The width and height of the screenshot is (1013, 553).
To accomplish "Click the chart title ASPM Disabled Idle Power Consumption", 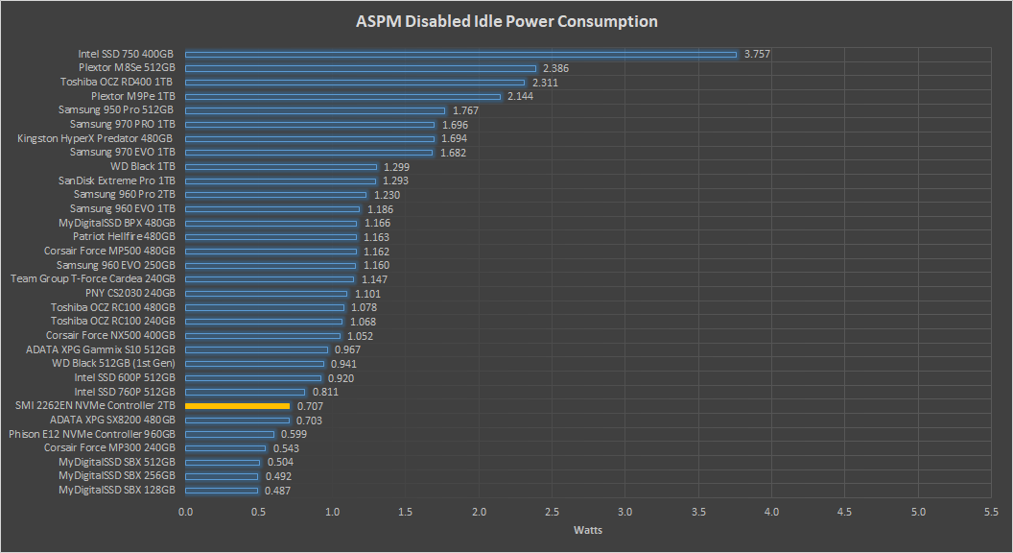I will pos(506,21).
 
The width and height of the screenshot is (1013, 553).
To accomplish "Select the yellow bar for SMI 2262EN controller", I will pos(237,406).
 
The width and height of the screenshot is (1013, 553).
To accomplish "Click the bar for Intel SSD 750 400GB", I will pos(460,55).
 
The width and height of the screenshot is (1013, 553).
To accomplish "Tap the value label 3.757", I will pos(758,55).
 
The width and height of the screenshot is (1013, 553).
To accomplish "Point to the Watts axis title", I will pos(588,530).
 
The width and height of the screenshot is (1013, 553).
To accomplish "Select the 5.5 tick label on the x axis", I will pos(992,512).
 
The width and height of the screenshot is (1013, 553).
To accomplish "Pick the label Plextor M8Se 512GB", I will pos(127,68).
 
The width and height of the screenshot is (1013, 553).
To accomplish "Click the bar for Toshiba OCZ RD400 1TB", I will pos(355,83).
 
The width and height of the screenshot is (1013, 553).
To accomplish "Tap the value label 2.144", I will pos(521,97).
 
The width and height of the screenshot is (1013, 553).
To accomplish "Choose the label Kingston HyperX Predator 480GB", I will pos(96,138).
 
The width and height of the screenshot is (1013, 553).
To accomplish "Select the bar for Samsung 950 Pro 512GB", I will pos(315,110).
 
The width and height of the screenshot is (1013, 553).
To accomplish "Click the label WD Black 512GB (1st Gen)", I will pos(113,364).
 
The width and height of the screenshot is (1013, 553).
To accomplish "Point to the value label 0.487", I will pos(278,491).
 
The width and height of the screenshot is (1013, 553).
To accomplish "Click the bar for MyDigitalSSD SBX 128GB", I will pos(222,491).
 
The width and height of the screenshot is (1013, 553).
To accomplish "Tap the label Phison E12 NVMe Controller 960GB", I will pos(92,434).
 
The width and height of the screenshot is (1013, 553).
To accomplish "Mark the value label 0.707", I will pos(310,406).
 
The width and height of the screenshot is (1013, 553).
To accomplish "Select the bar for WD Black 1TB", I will pos(280,167).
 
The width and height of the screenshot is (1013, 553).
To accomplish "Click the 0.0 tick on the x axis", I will pos(185,512).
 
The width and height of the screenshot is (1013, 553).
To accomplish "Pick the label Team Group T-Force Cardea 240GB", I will pos(93,279).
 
